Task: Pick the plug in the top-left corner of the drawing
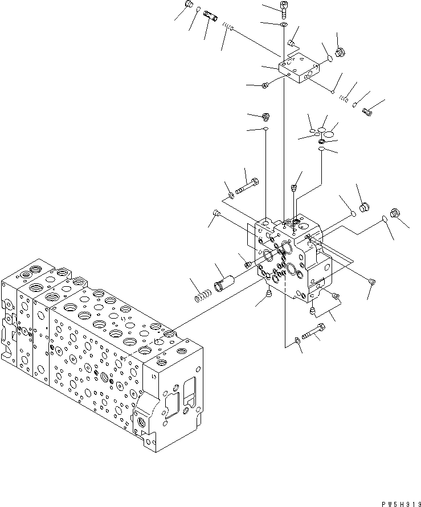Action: coord(188,6)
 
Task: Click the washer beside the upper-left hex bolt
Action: coord(231,196)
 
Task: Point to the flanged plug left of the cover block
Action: coord(265,85)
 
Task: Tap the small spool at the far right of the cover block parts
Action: coord(367,112)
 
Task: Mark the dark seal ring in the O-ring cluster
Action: coord(322,141)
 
